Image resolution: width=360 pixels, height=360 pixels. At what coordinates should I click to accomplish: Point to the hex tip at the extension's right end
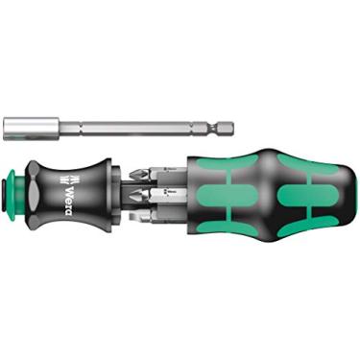pos(228,124)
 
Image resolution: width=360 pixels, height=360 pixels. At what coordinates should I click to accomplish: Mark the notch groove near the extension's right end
pos(217,124)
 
